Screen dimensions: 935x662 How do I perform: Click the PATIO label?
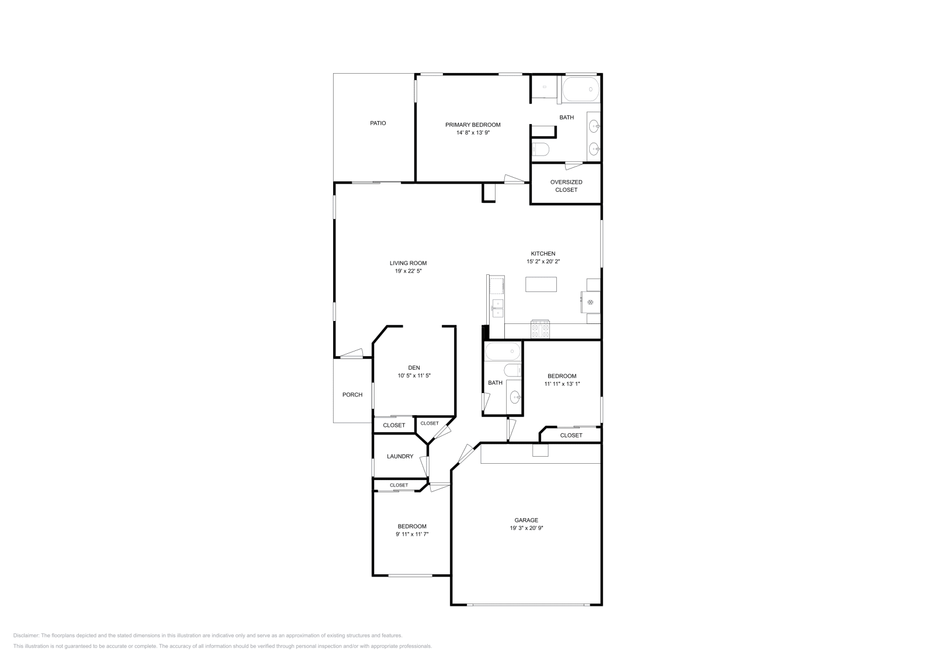pos(378,123)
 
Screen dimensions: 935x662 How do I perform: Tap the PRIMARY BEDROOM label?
pos(473,125)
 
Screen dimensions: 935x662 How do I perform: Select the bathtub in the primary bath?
pos(581,89)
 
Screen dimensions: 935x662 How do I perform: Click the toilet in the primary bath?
pos(541,149)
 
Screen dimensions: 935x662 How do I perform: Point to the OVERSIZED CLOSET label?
pos(566,186)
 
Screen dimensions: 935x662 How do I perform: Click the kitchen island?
pos(541,284)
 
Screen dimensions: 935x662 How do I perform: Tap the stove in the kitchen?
pos(540,329)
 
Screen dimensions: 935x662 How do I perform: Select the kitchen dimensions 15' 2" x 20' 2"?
pos(543,261)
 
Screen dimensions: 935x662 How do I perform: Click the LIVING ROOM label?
pos(408,263)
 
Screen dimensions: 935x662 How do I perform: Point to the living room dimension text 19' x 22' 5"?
pos(408,271)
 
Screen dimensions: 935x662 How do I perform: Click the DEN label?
pos(414,367)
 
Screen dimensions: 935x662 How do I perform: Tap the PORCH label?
pos(352,395)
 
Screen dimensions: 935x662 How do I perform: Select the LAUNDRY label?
pos(400,457)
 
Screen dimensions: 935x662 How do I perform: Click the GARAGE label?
pos(526,520)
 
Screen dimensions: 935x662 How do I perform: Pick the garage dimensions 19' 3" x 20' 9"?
pos(526,528)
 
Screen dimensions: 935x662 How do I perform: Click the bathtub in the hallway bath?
pos(503,351)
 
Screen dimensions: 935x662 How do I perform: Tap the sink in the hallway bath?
pos(515,397)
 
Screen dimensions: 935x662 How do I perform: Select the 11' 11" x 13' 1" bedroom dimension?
pos(562,384)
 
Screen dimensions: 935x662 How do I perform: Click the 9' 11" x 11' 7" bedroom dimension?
pos(412,534)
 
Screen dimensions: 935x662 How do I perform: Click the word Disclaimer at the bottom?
pos(26,636)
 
